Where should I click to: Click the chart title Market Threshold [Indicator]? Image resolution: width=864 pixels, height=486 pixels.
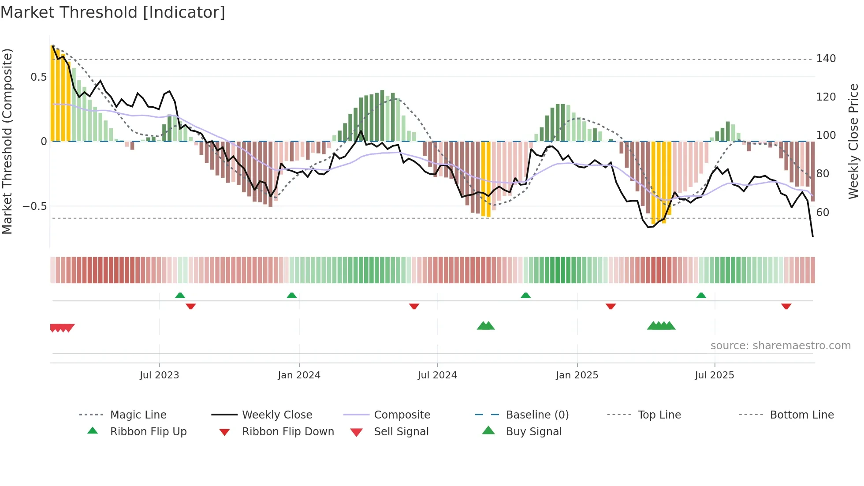(113, 12)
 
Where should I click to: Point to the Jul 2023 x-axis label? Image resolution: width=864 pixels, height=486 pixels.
(159, 375)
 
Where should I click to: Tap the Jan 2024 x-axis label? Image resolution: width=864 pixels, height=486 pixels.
(299, 375)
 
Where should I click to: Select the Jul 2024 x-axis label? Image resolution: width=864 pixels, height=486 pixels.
(437, 375)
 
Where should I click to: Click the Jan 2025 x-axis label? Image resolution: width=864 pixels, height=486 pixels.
(577, 375)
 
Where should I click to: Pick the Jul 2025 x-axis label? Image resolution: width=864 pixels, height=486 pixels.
(714, 375)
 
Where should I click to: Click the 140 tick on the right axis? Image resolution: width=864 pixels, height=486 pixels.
(826, 59)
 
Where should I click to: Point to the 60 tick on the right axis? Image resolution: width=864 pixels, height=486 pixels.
(823, 213)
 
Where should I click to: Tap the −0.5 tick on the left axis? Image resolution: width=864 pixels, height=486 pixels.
(34, 206)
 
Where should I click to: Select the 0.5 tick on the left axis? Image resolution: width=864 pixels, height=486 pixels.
(38, 77)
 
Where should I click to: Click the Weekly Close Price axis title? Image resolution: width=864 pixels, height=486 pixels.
(853, 141)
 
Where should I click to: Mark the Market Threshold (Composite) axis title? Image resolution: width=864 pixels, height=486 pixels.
(7, 141)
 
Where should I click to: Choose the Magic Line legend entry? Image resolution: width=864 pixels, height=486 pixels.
(138, 415)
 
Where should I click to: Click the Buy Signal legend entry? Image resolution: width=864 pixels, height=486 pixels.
(533, 432)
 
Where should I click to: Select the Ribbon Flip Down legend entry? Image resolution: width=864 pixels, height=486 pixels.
(287, 432)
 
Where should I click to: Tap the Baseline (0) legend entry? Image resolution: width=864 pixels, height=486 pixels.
(537, 415)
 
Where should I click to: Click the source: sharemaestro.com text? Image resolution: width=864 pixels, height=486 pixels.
(780, 346)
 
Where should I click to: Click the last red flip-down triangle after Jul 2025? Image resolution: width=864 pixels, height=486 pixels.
(786, 306)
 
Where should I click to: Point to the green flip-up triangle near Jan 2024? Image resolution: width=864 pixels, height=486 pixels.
(291, 295)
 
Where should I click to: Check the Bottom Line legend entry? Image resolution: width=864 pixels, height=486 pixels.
(801, 415)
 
